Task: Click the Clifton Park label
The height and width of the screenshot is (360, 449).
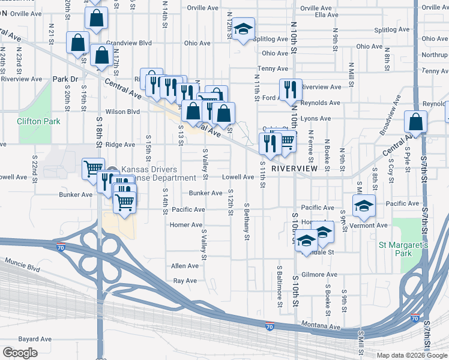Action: coord(38,121)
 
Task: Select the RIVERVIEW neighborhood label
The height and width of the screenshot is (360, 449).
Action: coord(294,169)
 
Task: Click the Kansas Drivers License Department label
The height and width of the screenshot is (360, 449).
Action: coord(149,173)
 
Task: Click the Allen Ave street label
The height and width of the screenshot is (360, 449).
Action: coord(184,266)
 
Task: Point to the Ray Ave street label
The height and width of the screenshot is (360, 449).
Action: coord(184,280)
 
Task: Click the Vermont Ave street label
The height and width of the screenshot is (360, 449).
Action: coord(373,225)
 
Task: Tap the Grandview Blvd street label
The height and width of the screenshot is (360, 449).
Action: coord(128,43)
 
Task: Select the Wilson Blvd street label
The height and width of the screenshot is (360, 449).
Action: coord(122,112)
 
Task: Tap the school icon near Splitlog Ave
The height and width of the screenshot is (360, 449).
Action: coord(243,29)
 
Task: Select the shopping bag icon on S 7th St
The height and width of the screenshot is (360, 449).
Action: coord(416,122)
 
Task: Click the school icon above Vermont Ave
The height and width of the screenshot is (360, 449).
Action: coord(364,206)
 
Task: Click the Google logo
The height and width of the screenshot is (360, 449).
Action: coord(20,353)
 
